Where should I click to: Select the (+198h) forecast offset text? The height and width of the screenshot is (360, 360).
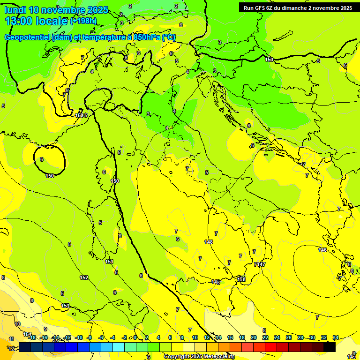pyautogui.click(x=83, y=21)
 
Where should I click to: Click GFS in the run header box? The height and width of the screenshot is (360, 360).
pyautogui.click(x=265, y=8)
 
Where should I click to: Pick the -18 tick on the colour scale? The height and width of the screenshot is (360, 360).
pyautogui.click(x=32, y=337)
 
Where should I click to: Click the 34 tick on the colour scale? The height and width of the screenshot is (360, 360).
pyautogui.click(x=336, y=337)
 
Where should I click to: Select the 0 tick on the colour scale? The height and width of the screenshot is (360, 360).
pyautogui.click(x=135, y=337)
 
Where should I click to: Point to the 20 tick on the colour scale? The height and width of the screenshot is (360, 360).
pyautogui.click(x=254, y=337)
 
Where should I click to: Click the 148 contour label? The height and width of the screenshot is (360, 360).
pyautogui.click(x=209, y=242)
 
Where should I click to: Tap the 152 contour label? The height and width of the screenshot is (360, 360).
pyautogui.click(x=84, y=278)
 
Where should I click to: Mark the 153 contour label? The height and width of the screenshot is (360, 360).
pyautogui.click(x=66, y=306)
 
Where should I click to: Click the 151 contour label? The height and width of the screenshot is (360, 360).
pyautogui.click(x=109, y=262)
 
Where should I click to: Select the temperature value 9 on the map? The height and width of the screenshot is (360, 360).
pyautogui.click(x=45, y=329)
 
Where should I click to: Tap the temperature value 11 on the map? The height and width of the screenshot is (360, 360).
pyautogui.click(x=11, y=338)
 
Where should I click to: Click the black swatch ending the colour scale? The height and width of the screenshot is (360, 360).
pyautogui.click(x=330, y=347)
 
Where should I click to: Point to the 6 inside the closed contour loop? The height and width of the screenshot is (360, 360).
pyautogui.click(x=42, y=159)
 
